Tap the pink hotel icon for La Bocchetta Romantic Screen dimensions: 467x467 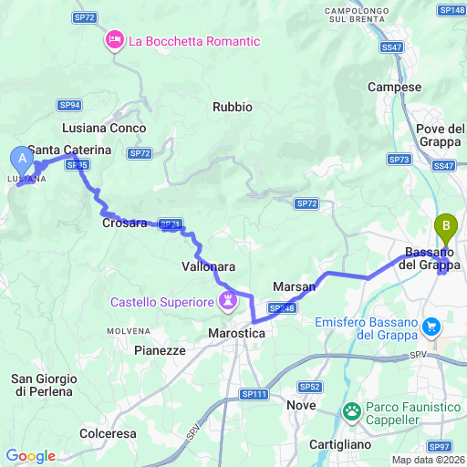point(116,40)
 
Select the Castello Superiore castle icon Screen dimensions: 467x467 point(227,300)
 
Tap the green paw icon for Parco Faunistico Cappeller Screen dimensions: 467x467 point(352,412)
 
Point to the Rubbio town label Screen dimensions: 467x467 point(232,107)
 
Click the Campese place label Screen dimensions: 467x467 point(394,87)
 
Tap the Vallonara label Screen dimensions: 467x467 point(210,266)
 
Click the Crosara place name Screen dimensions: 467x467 point(125,223)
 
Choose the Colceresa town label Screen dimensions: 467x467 point(108,433)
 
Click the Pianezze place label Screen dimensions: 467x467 point(160,349)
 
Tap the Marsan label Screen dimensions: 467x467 point(294,286)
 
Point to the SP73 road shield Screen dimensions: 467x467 point(400,160)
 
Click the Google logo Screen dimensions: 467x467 point(30,456)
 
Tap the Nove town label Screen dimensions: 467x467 point(301,404)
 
